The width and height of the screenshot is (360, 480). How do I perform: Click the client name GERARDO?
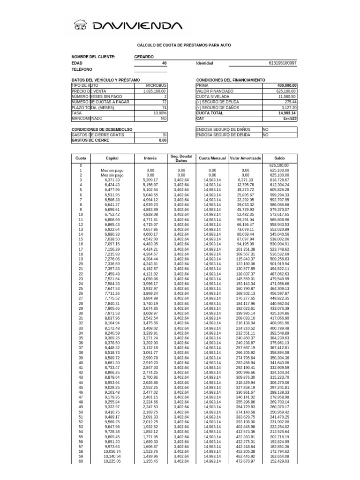(143, 57)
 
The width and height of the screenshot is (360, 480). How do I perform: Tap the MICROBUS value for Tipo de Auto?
(156, 86)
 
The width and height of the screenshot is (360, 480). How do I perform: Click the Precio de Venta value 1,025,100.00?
(155, 91)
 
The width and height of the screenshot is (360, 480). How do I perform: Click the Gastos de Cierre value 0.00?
(162, 140)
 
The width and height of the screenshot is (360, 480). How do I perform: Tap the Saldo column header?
(279, 158)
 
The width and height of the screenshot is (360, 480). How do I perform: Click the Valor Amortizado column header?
(245, 158)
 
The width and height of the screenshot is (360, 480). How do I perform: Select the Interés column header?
(150, 158)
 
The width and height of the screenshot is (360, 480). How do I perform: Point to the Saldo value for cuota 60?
(280, 461)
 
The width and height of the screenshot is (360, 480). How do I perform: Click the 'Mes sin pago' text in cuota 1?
(112, 170)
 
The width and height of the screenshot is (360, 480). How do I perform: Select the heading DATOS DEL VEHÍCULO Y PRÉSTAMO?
(105, 80)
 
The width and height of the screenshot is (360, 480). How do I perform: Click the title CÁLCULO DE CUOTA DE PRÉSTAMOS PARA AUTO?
(183, 45)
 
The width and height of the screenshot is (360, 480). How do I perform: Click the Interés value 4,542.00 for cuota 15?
(150, 239)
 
